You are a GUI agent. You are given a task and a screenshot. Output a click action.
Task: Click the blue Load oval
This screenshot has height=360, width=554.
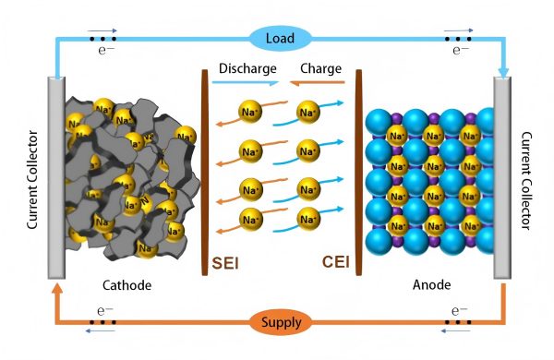tap(279, 38)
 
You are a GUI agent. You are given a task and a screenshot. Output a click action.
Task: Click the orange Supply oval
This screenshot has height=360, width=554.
tap(279, 324)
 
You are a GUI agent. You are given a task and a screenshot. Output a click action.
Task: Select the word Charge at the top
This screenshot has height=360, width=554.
tap(320, 68)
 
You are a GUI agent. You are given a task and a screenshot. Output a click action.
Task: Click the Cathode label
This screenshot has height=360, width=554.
tap(127, 285)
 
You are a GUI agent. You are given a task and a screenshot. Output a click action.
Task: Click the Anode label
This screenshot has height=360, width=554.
tap(430, 285)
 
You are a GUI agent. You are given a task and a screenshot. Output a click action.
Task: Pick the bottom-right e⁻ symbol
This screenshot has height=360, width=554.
tap(458, 311)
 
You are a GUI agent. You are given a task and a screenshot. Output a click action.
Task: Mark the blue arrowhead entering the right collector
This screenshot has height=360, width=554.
tap(503, 70)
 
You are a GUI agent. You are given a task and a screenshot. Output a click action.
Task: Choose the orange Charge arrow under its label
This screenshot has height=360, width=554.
tap(317, 83)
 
